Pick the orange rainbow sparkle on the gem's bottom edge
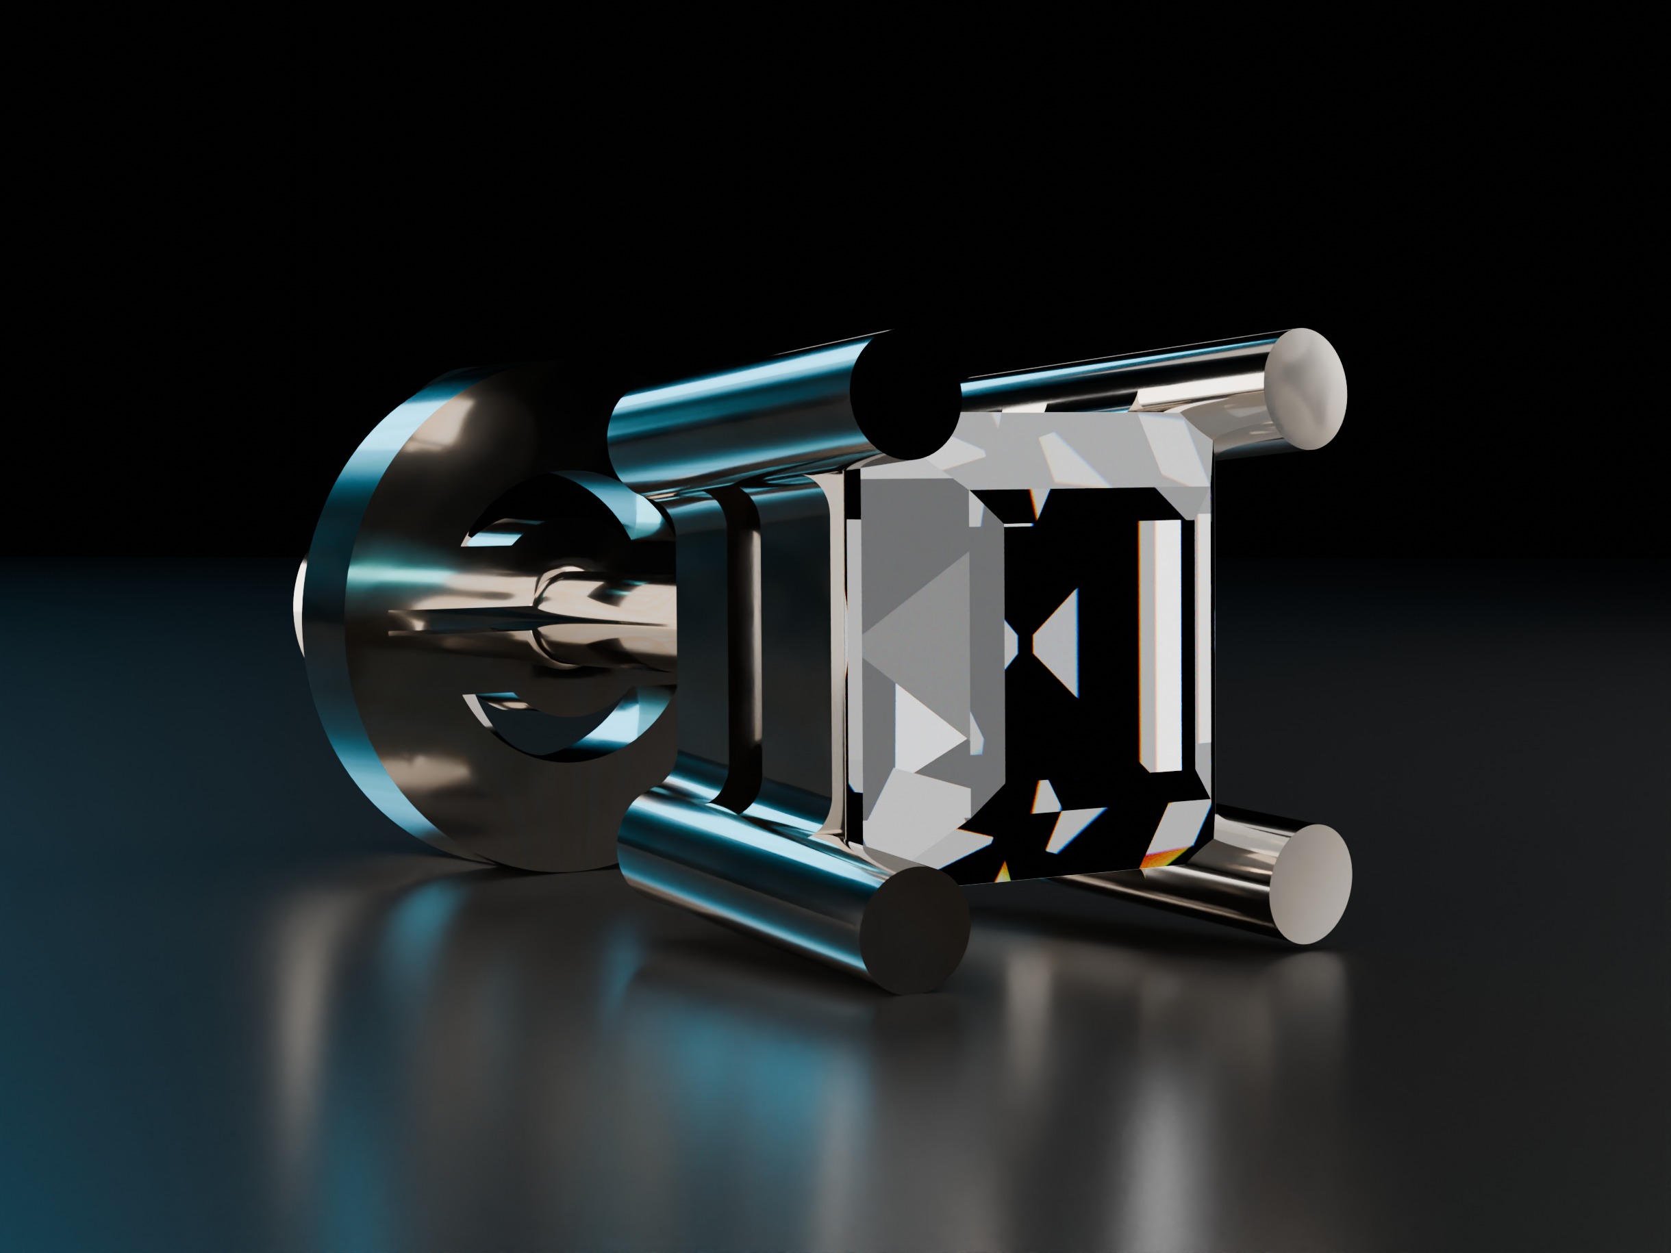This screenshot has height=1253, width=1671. (x=1156, y=858)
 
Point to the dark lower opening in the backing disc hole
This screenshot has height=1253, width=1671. (x=544, y=733)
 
